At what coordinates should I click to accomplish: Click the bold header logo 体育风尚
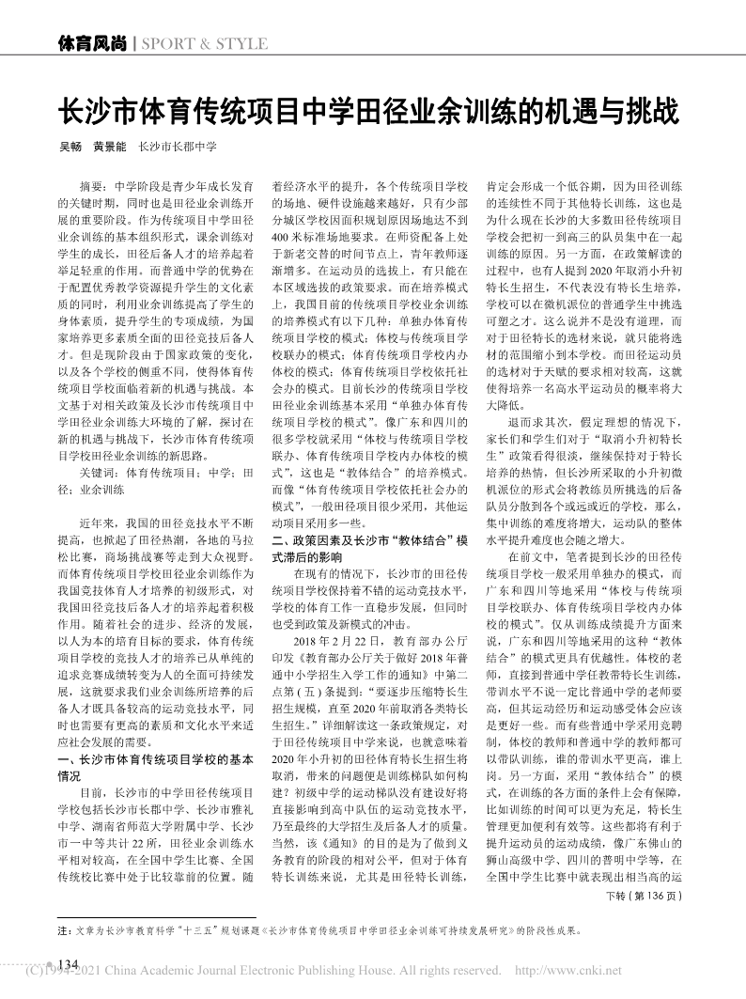tap(93, 43)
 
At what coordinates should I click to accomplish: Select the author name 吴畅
tap(71, 148)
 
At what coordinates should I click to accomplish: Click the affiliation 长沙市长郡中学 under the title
tap(178, 148)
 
